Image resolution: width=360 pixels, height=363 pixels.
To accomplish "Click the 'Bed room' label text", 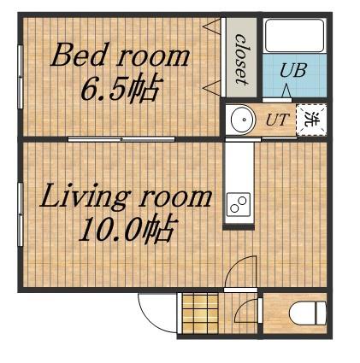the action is click(120, 55).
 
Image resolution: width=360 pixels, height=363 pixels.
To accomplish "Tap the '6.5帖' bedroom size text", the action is click(120, 88).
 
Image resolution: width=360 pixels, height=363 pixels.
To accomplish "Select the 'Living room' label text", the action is click(126, 196).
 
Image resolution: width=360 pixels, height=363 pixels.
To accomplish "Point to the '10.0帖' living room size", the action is click(126, 229).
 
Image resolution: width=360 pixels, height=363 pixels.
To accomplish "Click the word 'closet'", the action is click(241, 59).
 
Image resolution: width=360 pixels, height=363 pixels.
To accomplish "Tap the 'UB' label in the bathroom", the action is click(292, 70).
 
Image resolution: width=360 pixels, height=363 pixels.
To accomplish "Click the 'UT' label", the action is click(277, 120).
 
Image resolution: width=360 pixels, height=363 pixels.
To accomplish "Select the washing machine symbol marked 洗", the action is click(311, 120).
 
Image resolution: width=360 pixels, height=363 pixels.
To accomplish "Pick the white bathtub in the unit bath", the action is click(294, 36).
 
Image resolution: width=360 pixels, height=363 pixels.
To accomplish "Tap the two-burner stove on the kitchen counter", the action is click(239, 204).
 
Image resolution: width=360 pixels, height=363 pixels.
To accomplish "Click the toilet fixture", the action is click(308, 313).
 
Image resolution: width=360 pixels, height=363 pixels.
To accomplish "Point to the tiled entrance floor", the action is click(201, 313).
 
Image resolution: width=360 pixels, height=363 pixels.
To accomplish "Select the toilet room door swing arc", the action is click(245, 311).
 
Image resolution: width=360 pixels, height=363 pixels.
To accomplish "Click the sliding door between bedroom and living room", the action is click(121, 139).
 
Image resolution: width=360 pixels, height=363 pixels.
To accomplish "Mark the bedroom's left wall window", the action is click(20, 77).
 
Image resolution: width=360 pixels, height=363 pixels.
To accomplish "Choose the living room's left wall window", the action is click(20, 214).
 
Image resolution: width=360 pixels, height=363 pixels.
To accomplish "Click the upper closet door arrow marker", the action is click(211, 26).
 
